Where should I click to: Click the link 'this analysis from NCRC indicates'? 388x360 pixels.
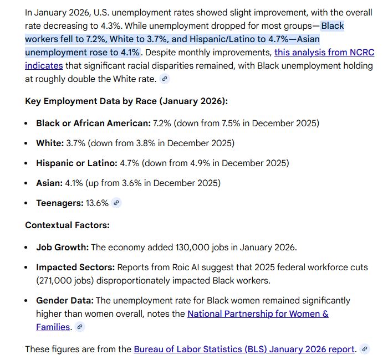click(x=324, y=53)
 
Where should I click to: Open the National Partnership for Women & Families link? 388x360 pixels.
click(x=258, y=314)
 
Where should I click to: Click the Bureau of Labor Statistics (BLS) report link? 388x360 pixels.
click(x=244, y=349)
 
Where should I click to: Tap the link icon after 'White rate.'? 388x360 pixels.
click(x=164, y=79)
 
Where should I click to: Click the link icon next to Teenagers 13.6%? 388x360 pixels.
click(x=116, y=203)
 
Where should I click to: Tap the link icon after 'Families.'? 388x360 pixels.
click(x=80, y=327)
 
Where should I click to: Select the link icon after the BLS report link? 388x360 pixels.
click(x=364, y=349)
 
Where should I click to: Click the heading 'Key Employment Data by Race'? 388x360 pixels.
click(x=126, y=101)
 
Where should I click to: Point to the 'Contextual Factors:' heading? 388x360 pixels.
click(x=67, y=225)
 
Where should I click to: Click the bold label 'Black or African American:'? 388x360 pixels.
click(x=93, y=123)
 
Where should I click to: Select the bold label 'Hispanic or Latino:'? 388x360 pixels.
click(x=76, y=163)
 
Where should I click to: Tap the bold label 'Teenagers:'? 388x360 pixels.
click(x=60, y=203)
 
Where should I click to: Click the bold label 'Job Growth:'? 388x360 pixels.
click(x=62, y=247)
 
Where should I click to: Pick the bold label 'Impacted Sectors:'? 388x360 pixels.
click(x=75, y=267)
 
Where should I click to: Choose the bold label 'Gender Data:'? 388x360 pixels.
click(x=65, y=301)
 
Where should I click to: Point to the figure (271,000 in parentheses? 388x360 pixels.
click(x=57, y=280)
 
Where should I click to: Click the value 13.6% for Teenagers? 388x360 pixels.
click(x=97, y=203)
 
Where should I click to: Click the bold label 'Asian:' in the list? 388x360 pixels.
click(x=49, y=183)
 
